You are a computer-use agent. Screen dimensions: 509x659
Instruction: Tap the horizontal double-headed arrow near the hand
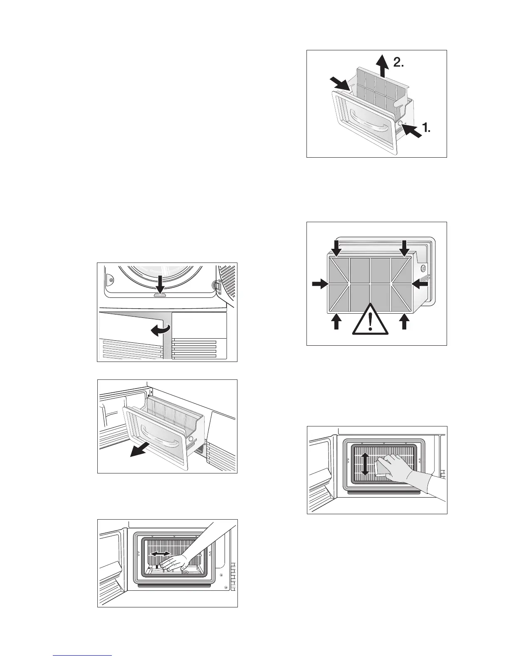pos(160,554)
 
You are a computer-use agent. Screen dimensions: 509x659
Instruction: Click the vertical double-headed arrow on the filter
pos(365,464)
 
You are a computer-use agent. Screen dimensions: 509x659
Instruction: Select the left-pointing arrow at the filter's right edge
pos(420,285)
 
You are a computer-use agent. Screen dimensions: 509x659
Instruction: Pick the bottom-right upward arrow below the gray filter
pos(403,321)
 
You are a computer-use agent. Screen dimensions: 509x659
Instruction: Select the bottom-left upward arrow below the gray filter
pos(336,321)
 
